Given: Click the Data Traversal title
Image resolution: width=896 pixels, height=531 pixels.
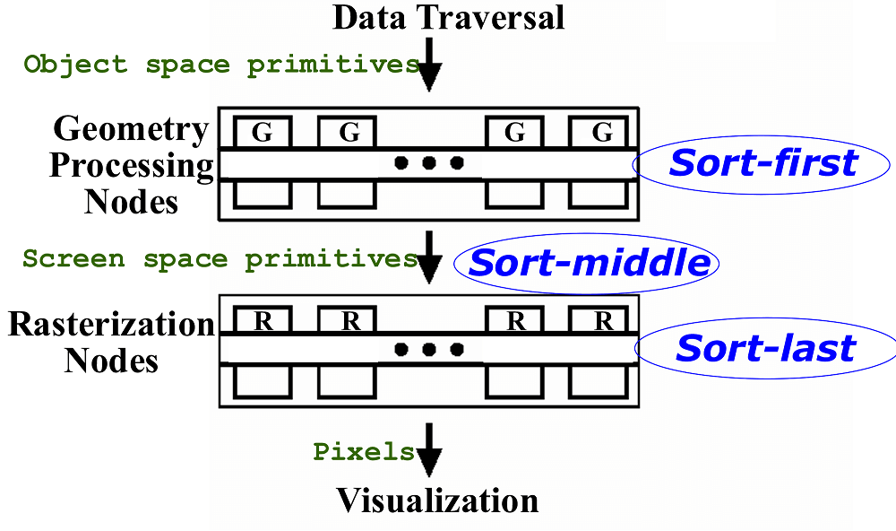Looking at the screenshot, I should point(449,17).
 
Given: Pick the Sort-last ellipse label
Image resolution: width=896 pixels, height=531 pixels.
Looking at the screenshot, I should point(765,348).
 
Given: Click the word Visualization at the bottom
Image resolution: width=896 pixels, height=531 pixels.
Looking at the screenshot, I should point(437,500).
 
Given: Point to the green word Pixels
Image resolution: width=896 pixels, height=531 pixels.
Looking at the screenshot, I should point(363,451).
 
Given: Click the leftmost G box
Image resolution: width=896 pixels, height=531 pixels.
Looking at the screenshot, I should point(262,133).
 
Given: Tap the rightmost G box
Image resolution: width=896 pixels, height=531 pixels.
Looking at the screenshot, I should point(602,133).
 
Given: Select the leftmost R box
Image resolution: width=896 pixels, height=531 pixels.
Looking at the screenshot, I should point(262,320).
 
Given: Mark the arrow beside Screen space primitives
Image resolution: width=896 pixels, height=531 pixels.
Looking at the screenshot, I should point(431,258).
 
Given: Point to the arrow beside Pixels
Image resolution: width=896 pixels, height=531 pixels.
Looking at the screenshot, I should point(431,451).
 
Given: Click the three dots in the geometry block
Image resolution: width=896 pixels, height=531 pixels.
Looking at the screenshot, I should point(428,163).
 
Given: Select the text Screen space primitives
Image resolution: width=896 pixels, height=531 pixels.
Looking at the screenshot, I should point(220,259).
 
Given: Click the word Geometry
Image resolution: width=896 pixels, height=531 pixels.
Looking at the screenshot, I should point(131,129).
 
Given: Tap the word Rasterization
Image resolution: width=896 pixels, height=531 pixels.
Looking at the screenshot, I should point(111,324).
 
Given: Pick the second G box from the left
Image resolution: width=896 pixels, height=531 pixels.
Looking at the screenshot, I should point(349,133).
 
